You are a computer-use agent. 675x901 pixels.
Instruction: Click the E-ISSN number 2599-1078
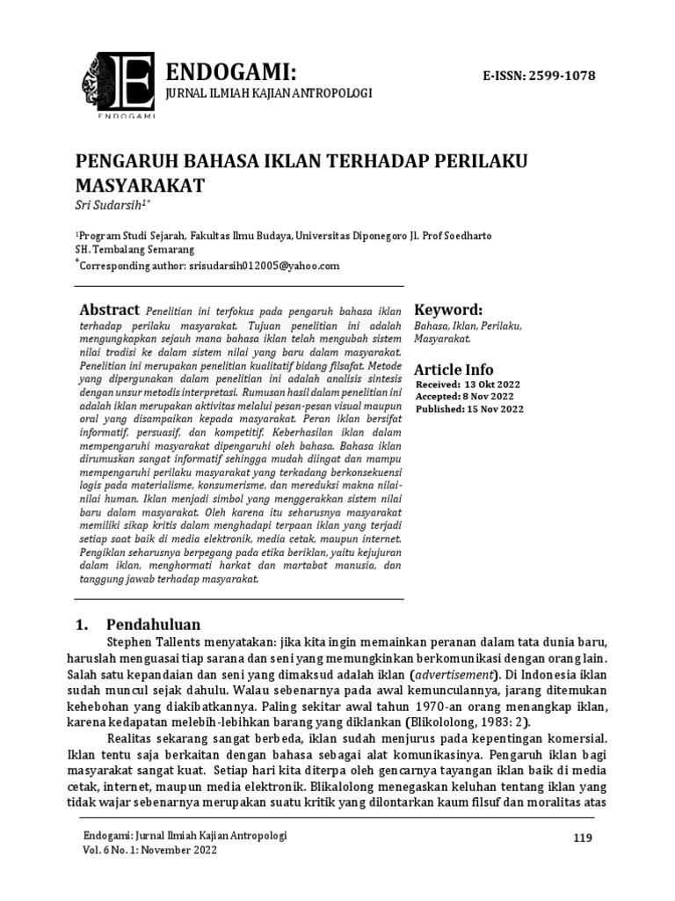(539, 76)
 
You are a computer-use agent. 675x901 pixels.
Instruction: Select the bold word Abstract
(110, 310)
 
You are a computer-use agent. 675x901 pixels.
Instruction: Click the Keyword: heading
(448, 310)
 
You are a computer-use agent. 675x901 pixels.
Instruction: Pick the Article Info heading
(454, 369)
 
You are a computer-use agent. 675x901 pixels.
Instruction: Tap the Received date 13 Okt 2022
(493, 385)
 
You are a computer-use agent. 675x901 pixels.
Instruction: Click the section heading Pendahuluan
(154, 624)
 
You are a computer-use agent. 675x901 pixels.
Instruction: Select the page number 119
(583, 837)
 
